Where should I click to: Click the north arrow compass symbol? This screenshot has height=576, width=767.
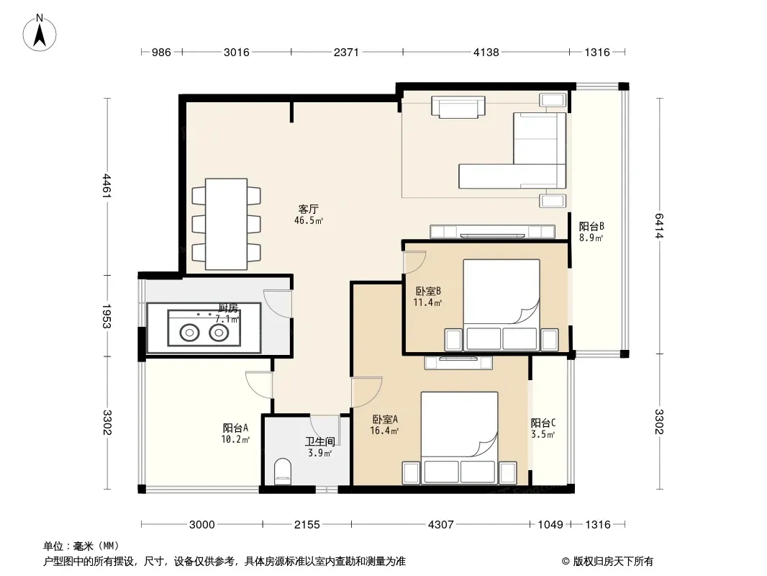(x=40, y=33)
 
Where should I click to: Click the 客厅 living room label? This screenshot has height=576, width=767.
(x=309, y=209)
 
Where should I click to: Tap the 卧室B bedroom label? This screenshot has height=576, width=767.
(x=428, y=291)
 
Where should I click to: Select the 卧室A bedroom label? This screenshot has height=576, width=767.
(x=385, y=419)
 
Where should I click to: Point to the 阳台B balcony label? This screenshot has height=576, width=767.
(x=591, y=227)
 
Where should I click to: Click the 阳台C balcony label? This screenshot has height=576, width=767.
(x=543, y=423)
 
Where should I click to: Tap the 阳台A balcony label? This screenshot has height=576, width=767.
(x=235, y=428)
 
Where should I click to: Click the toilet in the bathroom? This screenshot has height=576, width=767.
(x=282, y=472)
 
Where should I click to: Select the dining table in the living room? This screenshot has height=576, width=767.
(x=226, y=224)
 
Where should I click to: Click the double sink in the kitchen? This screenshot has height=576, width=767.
(x=204, y=328)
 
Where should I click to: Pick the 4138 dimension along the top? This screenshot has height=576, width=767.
(x=486, y=52)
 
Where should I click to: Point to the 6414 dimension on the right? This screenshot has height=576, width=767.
(x=658, y=225)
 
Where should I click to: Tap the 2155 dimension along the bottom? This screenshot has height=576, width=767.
(x=307, y=525)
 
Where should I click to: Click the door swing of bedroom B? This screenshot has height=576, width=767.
(x=414, y=262)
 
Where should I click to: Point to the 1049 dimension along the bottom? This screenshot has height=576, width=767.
(x=550, y=525)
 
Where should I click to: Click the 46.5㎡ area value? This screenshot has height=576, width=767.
(x=309, y=221)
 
